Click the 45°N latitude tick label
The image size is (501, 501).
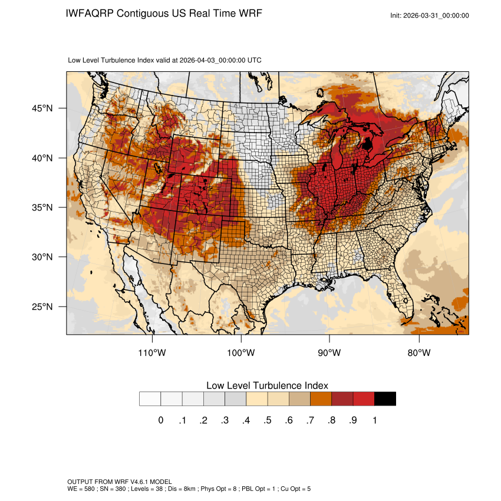click(42, 108)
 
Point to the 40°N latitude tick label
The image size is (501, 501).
click(42, 158)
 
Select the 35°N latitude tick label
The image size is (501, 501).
click(42, 207)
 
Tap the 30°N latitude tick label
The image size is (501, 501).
click(42, 257)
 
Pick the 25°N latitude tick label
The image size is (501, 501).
click(42, 306)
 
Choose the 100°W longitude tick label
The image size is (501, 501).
click(241, 353)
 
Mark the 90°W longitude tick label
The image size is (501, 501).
click(329, 353)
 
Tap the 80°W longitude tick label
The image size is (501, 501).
click(418, 353)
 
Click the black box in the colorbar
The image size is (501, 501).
click(385, 399)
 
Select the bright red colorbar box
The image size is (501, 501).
click(364, 399)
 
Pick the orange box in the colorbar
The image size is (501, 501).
click(321, 399)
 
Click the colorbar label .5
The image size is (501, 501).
click(268, 420)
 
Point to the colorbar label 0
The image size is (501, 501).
click(160, 420)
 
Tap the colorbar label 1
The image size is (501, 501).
click(374, 420)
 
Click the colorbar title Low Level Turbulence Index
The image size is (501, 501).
click(267, 385)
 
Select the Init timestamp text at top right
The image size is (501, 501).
click(430, 15)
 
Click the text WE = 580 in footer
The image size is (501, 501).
click(83, 489)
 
